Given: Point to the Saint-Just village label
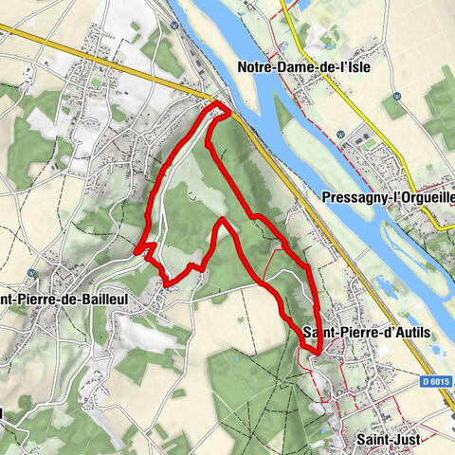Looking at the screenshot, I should (391, 440).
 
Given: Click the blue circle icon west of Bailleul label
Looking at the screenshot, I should (31, 272).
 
